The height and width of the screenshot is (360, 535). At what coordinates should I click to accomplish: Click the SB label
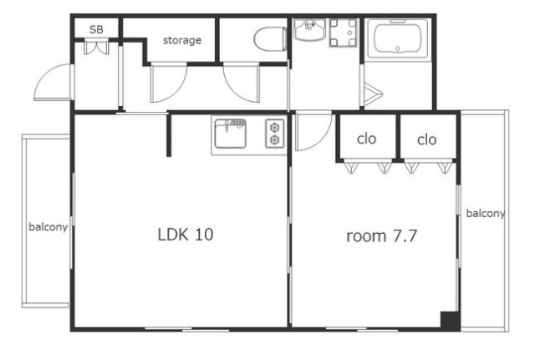point(96,30)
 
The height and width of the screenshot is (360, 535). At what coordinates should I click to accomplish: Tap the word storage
point(182,40)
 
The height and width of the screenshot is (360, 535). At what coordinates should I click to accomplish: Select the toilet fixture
point(270,39)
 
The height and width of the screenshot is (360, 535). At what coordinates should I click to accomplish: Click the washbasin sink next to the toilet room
point(309,30)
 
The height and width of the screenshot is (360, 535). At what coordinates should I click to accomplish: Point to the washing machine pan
point(343,33)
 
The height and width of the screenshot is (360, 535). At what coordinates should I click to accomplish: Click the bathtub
point(398,40)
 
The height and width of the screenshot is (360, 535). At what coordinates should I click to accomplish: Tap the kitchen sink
point(231,134)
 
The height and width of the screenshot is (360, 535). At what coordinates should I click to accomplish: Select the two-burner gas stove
point(275,134)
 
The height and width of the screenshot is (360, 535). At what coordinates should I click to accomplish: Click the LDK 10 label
point(186,235)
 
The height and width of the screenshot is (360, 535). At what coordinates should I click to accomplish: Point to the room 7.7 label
point(382,236)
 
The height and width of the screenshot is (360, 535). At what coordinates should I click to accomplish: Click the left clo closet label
point(367,139)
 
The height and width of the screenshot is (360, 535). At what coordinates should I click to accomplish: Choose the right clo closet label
point(427,139)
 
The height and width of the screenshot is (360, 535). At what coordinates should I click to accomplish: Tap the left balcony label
point(48,226)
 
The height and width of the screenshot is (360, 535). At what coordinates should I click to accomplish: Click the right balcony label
point(486,213)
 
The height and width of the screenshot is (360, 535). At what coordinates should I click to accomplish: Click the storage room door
point(169,83)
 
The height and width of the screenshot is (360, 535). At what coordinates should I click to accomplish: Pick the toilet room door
point(242,82)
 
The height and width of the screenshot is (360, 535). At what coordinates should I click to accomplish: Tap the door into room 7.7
point(313,131)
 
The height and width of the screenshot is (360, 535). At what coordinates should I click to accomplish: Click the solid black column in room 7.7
point(450,320)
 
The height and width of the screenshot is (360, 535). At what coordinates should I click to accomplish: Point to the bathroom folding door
point(373,94)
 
